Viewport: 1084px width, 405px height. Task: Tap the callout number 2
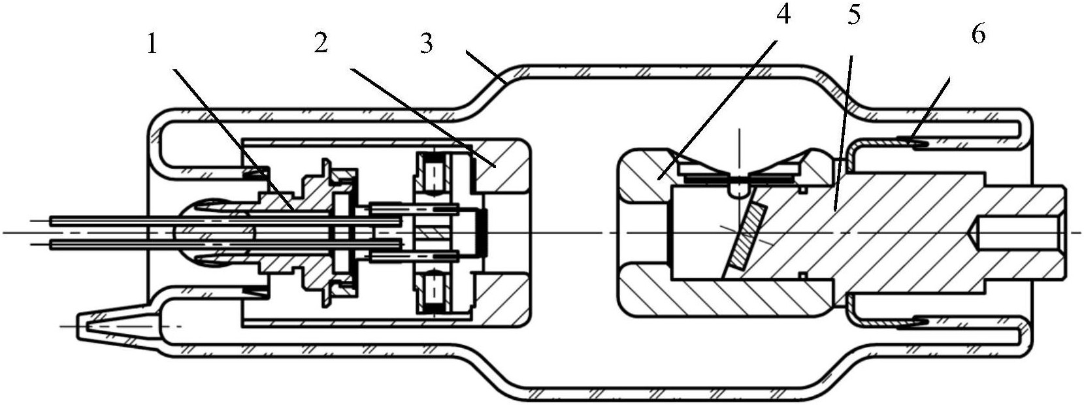[321, 44]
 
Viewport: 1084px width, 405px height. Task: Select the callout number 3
[426, 44]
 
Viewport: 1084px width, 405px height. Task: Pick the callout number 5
[855, 16]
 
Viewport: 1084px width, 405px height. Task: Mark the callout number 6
[979, 35]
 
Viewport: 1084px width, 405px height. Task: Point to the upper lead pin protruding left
[225, 221]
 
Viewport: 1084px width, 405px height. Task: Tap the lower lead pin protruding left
[225, 245]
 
